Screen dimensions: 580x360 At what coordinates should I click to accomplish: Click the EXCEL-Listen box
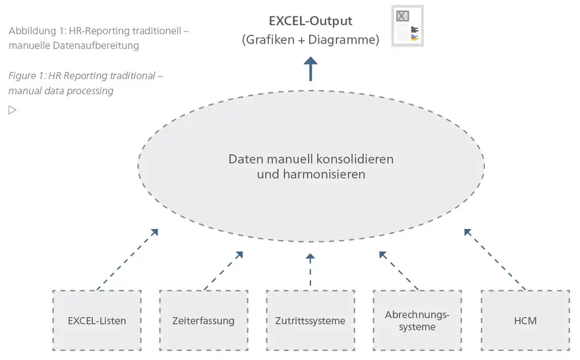coord(97,320)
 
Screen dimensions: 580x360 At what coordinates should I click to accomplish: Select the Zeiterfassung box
coord(204,320)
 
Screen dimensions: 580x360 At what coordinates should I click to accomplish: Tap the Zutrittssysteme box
coord(310,320)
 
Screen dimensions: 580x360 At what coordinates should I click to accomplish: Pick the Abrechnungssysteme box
coord(417,320)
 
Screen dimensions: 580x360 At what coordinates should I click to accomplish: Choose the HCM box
coord(525,320)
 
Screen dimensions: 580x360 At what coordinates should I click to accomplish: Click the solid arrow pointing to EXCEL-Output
coord(310,69)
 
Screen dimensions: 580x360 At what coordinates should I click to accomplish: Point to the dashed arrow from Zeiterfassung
coord(223,271)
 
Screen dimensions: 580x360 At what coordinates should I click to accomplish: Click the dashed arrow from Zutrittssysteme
coord(310,270)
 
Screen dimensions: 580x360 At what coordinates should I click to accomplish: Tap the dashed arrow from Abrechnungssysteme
coord(399,271)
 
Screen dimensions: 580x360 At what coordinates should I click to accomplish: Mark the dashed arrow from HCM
coord(494,259)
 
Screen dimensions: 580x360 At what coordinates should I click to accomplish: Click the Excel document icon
coord(407,26)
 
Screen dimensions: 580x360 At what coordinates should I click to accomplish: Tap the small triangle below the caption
coord(13,110)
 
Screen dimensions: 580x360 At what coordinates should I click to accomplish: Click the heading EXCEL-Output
coord(310,21)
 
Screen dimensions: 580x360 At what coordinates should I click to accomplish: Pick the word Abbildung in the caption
coord(32,31)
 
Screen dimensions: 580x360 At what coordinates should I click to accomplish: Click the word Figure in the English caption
coord(22,76)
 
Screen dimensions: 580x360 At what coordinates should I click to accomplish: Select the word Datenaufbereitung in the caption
coord(96,46)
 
